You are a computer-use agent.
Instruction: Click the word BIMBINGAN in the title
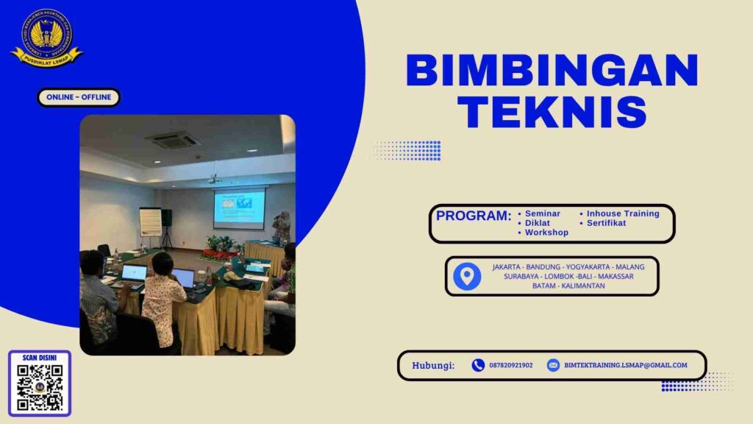[552, 71]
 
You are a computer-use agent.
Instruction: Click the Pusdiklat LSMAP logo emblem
[46, 37]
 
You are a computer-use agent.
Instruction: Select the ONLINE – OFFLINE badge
[78, 97]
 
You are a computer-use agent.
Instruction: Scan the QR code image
[40, 386]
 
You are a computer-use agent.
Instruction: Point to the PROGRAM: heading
[473, 216]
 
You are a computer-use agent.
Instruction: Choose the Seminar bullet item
[542, 213]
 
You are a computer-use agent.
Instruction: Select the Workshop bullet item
[546, 233]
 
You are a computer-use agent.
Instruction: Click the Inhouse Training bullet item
[622, 213]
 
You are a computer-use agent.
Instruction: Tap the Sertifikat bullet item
[606, 223]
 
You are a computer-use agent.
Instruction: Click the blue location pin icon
[467, 276]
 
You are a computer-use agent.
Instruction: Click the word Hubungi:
[433, 365]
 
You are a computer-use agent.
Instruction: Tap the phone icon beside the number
[478, 365]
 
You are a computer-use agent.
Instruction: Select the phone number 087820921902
[511, 365]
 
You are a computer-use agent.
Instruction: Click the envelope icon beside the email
[553, 365]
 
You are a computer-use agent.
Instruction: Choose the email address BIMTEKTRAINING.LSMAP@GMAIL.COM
[626, 365]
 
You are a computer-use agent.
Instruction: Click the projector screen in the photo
[239, 207]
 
